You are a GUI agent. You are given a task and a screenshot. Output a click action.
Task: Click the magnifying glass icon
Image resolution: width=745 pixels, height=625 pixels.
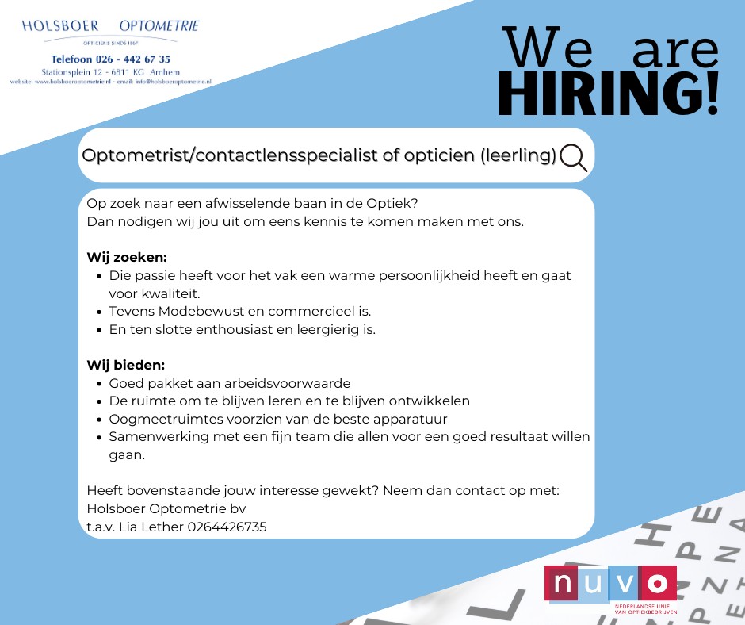[572, 157]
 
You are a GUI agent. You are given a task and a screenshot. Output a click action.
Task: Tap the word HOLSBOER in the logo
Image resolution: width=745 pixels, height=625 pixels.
[60, 25]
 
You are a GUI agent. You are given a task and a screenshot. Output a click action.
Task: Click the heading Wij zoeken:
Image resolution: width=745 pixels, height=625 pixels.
[127, 257]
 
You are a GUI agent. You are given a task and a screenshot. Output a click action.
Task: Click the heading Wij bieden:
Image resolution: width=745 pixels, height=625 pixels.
[126, 366]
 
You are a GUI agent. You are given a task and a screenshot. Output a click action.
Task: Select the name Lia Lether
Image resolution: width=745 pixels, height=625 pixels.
[151, 527]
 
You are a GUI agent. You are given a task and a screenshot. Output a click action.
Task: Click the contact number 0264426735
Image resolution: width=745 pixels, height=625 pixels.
[227, 527]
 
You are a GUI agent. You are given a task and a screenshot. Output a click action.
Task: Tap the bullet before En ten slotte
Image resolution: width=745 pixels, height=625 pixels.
[99, 330]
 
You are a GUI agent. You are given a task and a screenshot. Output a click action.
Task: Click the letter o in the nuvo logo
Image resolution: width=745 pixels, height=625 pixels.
[658, 583]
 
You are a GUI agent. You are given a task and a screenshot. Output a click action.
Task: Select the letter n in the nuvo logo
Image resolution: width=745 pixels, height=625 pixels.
[563, 583]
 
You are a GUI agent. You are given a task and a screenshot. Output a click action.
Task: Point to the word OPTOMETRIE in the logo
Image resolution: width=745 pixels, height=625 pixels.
[159, 25]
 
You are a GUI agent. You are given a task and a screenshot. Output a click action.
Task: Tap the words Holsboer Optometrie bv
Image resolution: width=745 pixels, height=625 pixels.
[166, 509]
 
